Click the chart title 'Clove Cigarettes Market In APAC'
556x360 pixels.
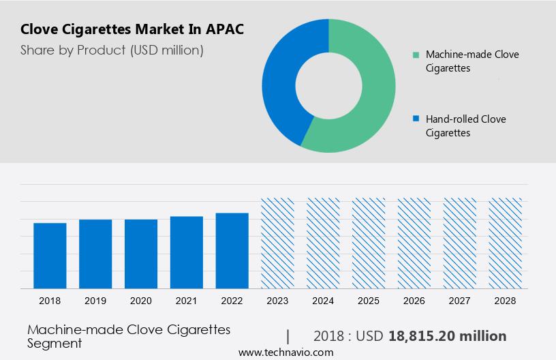tap(132, 29)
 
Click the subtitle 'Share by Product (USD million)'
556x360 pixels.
tap(112, 50)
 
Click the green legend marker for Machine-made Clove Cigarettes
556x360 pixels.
tap(416, 55)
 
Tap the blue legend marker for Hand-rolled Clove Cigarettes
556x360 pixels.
tap(416, 119)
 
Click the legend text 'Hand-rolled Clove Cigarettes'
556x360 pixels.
tap(465, 125)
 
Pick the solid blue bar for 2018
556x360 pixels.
tap(50, 255)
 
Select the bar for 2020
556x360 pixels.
tap(141, 254)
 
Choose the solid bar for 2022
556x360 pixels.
tap(232, 250)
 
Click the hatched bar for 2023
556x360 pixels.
tap(277, 243)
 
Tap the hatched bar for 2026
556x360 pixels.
tap(414, 243)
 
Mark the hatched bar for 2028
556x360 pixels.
tap(506, 243)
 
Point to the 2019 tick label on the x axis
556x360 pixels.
tap(95, 301)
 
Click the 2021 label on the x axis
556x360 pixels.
tap(187, 301)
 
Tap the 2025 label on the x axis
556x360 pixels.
tap(369, 301)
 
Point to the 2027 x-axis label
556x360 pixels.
tap(460, 301)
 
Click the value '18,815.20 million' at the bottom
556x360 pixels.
tap(447, 336)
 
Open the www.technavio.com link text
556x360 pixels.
tap(285, 352)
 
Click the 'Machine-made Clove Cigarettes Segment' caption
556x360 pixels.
tap(129, 336)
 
